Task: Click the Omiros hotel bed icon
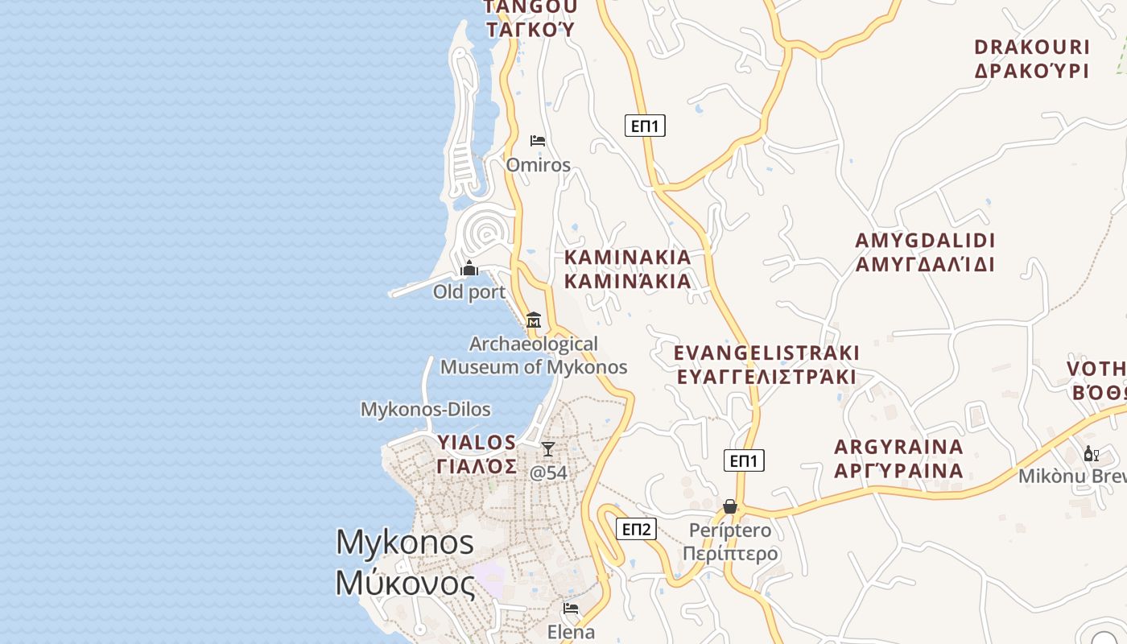point(538,141)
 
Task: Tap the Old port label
point(469,291)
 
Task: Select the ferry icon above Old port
point(469,268)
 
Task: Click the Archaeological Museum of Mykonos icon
point(533,320)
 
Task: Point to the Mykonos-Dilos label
point(425,409)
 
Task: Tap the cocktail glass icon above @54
point(548,449)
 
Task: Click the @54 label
point(548,473)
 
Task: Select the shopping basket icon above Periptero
point(730,506)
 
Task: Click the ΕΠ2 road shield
point(636,529)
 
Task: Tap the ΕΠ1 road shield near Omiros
point(645,126)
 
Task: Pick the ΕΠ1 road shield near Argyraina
point(744,460)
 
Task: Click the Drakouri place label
point(1031,59)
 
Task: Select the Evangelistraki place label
point(766,365)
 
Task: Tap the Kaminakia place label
point(628,269)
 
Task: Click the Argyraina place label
point(898,459)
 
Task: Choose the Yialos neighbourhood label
point(477,454)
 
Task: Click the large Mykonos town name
point(405,562)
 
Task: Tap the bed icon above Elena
point(571,609)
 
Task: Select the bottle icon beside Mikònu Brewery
point(1091,454)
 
